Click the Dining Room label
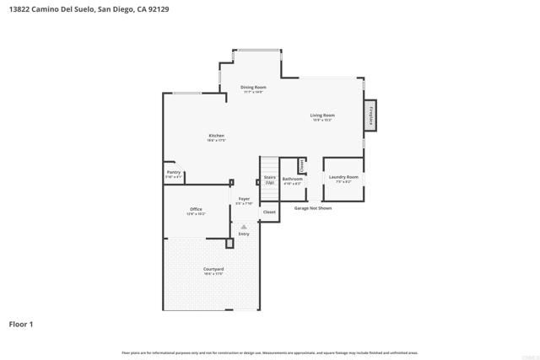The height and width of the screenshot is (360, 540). click(x=253, y=88)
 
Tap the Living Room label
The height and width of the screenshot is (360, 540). click(x=322, y=116)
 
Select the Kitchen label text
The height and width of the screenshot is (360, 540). click(x=216, y=136)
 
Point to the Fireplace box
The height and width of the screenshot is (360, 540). click(x=370, y=117)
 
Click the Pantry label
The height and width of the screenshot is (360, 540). click(x=173, y=172)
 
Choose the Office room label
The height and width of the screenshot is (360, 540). click(x=196, y=209)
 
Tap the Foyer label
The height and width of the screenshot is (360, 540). click(x=244, y=199)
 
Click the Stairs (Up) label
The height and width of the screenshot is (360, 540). click(x=270, y=180)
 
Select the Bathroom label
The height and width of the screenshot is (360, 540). click(x=292, y=179)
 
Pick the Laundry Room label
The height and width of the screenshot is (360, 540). click(x=343, y=177)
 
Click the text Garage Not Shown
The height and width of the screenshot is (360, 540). click(x=313, y=207)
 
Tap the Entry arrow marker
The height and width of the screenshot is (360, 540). click(x=243, y=227)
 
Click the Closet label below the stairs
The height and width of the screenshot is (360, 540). click(x=270, y=212)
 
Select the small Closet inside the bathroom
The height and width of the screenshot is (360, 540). click(x=301, y=164)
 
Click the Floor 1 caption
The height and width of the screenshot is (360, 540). click(x=22, y=324)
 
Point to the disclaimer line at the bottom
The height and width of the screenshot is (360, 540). click(x=270, y=352)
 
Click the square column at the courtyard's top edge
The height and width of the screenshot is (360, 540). click(x=229, y=243)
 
